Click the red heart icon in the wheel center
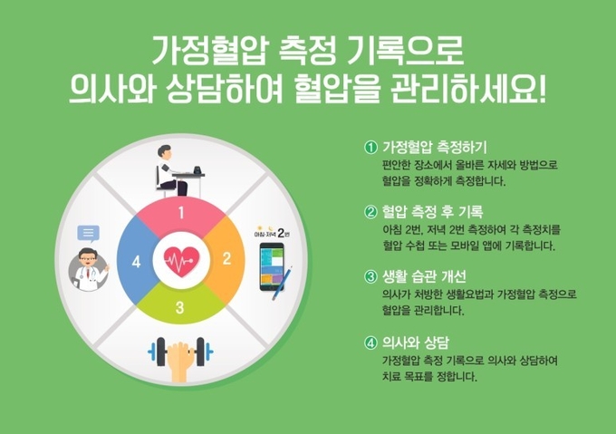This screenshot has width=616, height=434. (x=181, y=262)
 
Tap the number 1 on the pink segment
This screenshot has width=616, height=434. (x=181, y=213)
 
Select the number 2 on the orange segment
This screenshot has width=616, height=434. (x=226, y=258)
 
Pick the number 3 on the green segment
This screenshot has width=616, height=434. (x=180, y=307)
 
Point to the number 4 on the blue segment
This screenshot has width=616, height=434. (x=136, y=262)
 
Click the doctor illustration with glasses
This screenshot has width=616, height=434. (x=89, y=269)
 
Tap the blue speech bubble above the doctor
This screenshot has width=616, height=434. (x=88, y=234)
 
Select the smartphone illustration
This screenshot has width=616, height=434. (x=272, y=266)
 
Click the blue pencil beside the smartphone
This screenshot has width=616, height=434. (x=283, y=283)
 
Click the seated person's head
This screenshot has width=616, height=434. (x=165, y=152)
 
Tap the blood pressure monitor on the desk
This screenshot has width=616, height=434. (x=197, y=170)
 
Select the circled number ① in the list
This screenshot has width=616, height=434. (x=371, y=148)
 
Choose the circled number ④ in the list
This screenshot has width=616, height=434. (x=371, y=342)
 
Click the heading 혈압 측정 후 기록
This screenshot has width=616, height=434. (x=432, y=212)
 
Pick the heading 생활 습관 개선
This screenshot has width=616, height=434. (x=424, y=277)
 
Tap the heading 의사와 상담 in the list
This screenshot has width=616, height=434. (x=416, y=342)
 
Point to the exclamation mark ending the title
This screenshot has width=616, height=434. (x=543, y=90)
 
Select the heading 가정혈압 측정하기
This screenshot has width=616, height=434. (x=435, y=148)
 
